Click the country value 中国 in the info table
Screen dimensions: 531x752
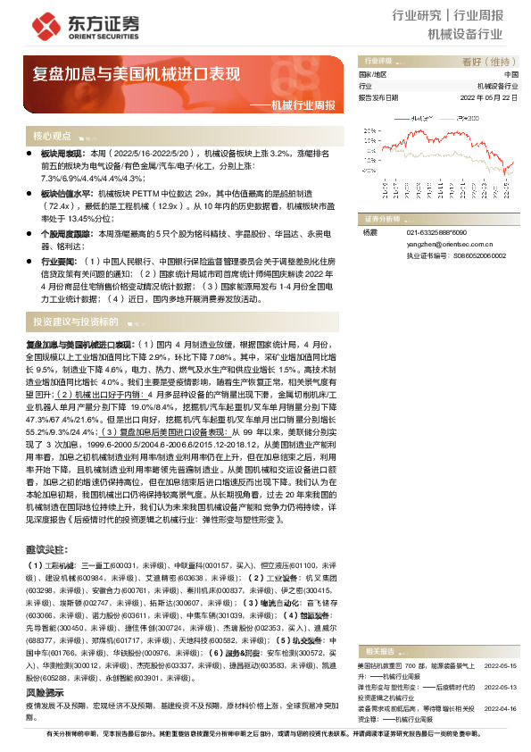point(510,74)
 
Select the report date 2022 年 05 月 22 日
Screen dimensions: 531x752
point(488,97)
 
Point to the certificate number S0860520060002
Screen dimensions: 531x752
point(474,255)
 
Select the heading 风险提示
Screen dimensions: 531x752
point(45,667)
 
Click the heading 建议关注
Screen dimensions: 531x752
point(45,547)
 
